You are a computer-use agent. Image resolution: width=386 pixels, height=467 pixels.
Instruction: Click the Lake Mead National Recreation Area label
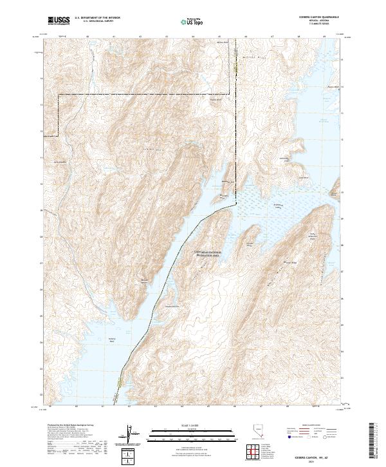207,253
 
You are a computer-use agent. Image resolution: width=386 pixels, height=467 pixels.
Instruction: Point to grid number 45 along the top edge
219,37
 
